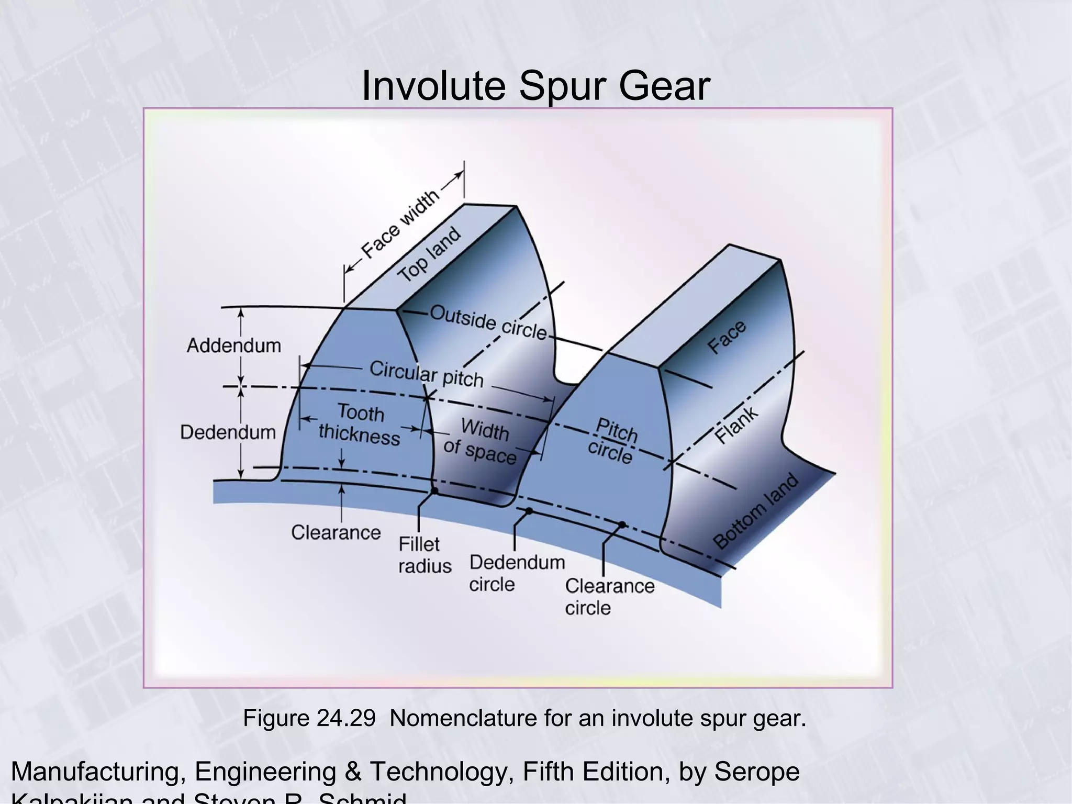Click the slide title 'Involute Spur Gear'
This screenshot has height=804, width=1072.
535,86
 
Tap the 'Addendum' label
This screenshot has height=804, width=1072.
234,345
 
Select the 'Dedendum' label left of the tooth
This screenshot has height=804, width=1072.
228,432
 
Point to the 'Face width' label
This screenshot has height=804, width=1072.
400,224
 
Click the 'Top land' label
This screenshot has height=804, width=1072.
429,254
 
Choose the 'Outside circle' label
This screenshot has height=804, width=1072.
488,322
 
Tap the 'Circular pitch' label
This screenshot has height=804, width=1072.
426,374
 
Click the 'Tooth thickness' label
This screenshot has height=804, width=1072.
360,424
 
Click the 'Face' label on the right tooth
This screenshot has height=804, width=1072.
727,337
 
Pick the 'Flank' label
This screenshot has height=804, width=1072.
736,425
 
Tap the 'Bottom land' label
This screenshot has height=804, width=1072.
756,511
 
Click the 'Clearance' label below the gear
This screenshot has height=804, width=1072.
336,532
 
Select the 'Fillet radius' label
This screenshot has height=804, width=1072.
424,555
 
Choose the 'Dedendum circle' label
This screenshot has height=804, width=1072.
517,573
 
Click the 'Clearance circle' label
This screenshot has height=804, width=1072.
609,597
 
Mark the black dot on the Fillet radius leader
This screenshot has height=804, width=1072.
434,491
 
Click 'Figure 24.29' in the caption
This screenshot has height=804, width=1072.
309,718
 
